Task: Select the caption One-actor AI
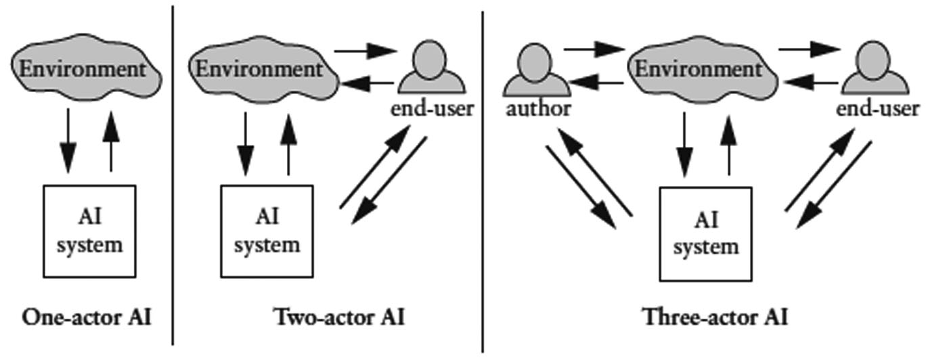(87, 317)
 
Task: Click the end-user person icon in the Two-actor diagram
(431, 68)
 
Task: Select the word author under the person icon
(538, 108)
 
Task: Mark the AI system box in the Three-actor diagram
(705, 234)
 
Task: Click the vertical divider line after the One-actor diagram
(173, 176)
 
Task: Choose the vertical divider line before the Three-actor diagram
(483, 176)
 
